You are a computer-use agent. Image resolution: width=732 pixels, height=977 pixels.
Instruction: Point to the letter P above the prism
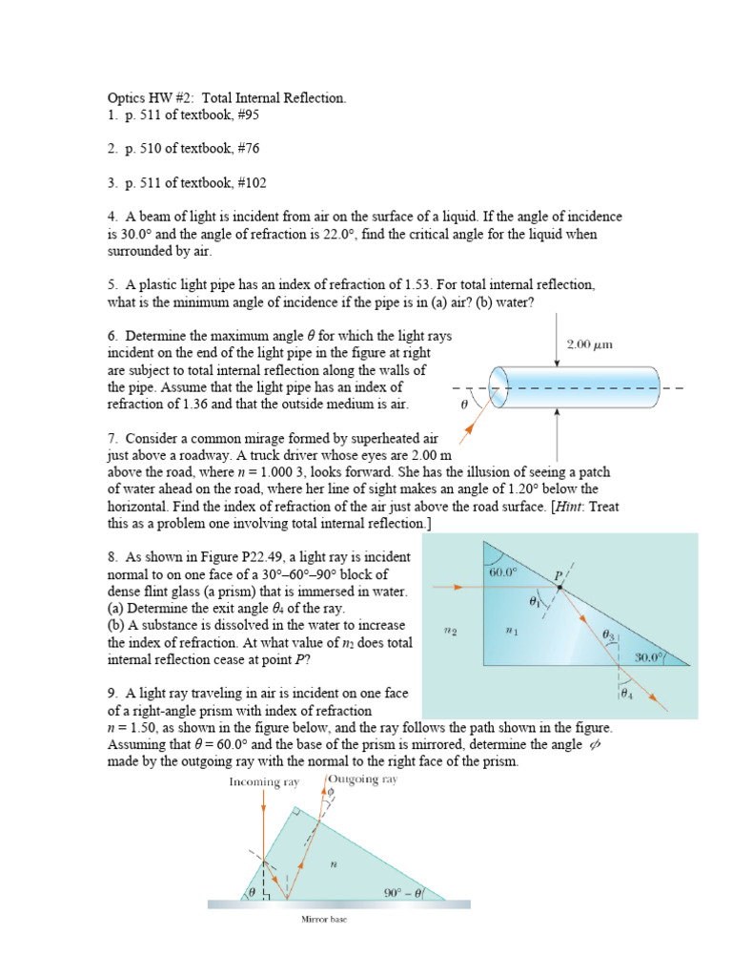560,575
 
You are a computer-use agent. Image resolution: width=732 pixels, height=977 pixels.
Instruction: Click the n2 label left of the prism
452,631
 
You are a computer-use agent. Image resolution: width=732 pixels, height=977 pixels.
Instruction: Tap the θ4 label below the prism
626,694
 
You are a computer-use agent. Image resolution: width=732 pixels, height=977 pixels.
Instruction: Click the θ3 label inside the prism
607,634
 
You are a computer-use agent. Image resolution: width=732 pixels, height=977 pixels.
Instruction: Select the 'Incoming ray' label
264,781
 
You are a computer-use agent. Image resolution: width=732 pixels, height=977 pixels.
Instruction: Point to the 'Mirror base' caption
327,921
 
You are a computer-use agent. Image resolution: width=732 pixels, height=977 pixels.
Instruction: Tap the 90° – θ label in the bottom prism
398,893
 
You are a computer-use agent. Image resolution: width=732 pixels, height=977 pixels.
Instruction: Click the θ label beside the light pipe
464,404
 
